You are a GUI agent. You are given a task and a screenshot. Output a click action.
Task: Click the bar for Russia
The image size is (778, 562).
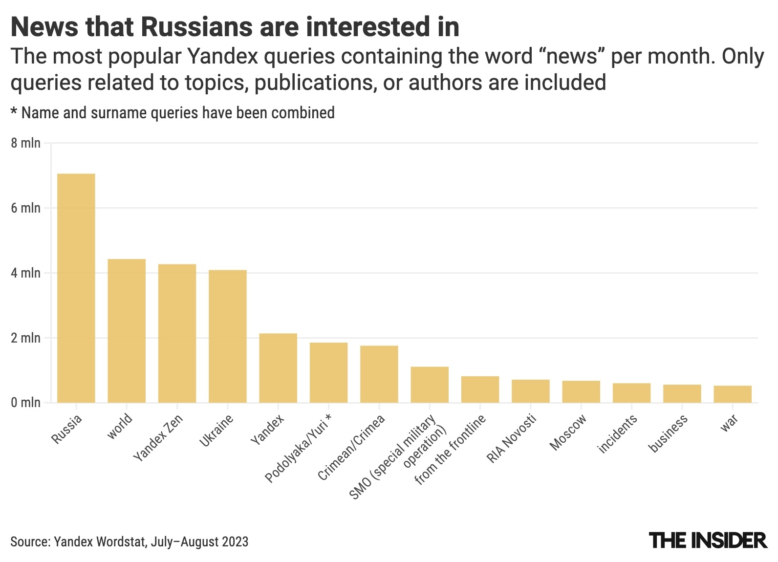(x=76, y=288)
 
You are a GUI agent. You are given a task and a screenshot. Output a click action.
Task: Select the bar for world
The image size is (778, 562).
(x=127, y=331)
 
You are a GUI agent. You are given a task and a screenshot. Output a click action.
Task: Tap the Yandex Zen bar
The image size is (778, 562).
(x=177, y=333)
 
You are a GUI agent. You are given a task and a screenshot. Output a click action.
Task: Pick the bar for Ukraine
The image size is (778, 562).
(x=228, y=336)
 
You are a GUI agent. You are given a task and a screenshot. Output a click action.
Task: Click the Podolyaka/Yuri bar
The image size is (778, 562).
(x=329, y=372)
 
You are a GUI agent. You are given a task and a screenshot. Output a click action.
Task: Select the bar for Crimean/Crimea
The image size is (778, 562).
(x=379, y=374)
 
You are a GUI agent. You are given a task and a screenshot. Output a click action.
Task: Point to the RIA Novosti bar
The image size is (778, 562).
(x=531, y=391)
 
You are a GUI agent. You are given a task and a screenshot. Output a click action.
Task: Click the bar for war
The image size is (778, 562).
(x=733, y=394)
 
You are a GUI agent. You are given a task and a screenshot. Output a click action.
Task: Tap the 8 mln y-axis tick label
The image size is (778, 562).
(x=26, y=143)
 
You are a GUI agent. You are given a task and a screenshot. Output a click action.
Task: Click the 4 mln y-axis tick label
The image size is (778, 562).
(x=26, y=273)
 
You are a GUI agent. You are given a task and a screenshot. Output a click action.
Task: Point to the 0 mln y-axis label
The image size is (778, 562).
(x=26, y=403)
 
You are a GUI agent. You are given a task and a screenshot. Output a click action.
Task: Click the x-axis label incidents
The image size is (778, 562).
(x=618, y=433)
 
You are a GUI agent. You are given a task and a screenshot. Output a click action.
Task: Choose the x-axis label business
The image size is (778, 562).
(x=668, y=433)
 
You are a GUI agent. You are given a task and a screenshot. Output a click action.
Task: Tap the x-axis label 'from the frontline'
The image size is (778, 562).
(x=450, y=450)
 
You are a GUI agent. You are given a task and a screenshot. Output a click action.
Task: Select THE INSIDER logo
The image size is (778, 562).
(x=708, y=540)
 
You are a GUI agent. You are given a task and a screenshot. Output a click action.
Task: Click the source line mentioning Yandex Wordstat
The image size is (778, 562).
(x=130, y=541)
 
